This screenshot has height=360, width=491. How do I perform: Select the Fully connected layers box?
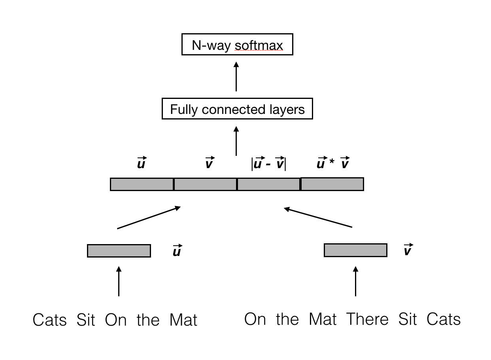(x=237, y=109)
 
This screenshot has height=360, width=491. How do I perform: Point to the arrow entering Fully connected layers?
(x=236, y=141)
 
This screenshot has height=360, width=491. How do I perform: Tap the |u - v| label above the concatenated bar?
(x=269, y=163)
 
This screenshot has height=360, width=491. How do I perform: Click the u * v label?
(x=332, y=163)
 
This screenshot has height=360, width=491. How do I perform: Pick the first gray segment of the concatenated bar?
(x=142, y=184)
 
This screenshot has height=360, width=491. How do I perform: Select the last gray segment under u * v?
(x=332, y=184)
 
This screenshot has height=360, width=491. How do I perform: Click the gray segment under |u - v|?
(x=269, y=184)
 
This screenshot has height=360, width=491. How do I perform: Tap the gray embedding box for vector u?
(x=119, y=251)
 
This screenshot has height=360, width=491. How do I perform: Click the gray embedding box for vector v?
(x=355, y=250)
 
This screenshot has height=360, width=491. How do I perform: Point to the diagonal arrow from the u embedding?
(x=149, y=217)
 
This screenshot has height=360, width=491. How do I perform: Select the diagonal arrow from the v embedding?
(x=318, y=217)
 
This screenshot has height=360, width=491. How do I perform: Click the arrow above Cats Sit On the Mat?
(x=119, y=281)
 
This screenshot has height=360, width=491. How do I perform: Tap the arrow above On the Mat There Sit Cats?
(x=355, y=281)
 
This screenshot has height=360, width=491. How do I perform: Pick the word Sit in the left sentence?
(x=86, y=320)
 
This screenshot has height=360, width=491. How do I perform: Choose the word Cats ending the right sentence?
(x=444, y=319)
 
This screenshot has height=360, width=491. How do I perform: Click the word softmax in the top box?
(x=259, y=45)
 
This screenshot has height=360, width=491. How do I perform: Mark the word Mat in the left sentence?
(x=183, y=320)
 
